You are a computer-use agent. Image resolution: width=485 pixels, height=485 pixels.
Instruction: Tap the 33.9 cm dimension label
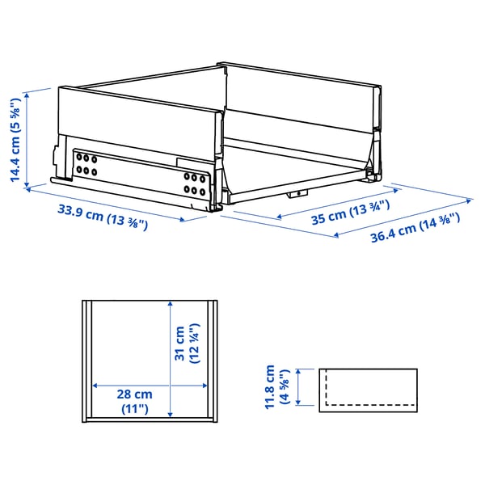(102, 217)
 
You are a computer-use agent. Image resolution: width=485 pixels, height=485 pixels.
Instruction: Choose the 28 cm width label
(133, 394)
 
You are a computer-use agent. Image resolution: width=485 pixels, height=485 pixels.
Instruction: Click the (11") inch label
(133, 409)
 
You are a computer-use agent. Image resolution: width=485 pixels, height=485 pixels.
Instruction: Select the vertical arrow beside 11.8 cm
(300, 387)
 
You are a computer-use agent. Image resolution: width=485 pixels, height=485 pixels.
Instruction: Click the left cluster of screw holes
(85, 165)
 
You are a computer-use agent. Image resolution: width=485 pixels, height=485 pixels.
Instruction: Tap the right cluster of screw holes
(195, 183)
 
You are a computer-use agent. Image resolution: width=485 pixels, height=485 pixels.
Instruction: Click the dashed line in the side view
(369, 402)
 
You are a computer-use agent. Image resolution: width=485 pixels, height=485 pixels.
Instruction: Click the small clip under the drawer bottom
(300, 194)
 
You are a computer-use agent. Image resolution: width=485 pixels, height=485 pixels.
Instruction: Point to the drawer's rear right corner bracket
(373, 162)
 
